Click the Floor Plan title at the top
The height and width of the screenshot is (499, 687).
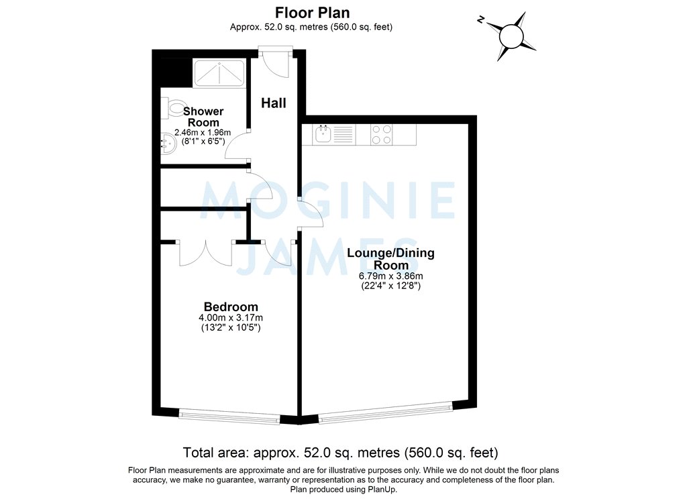coord(311,12)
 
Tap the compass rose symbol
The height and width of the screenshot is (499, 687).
coord(511,35)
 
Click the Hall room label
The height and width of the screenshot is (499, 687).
coord(274,103)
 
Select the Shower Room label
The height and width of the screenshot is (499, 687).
coord(203,117)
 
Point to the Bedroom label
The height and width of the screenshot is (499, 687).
coord(229,307)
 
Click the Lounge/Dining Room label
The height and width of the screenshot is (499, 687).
coord(390,259)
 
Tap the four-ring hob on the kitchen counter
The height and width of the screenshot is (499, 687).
coord(382,135)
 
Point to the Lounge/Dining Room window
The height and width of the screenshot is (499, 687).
coord(386,412)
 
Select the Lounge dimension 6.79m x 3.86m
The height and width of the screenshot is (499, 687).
coord(390,276)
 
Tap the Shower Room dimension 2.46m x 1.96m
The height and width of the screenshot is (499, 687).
coord(203,133)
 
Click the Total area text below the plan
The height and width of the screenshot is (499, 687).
coord(341,451)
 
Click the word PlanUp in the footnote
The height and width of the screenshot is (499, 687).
coord(381,490)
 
